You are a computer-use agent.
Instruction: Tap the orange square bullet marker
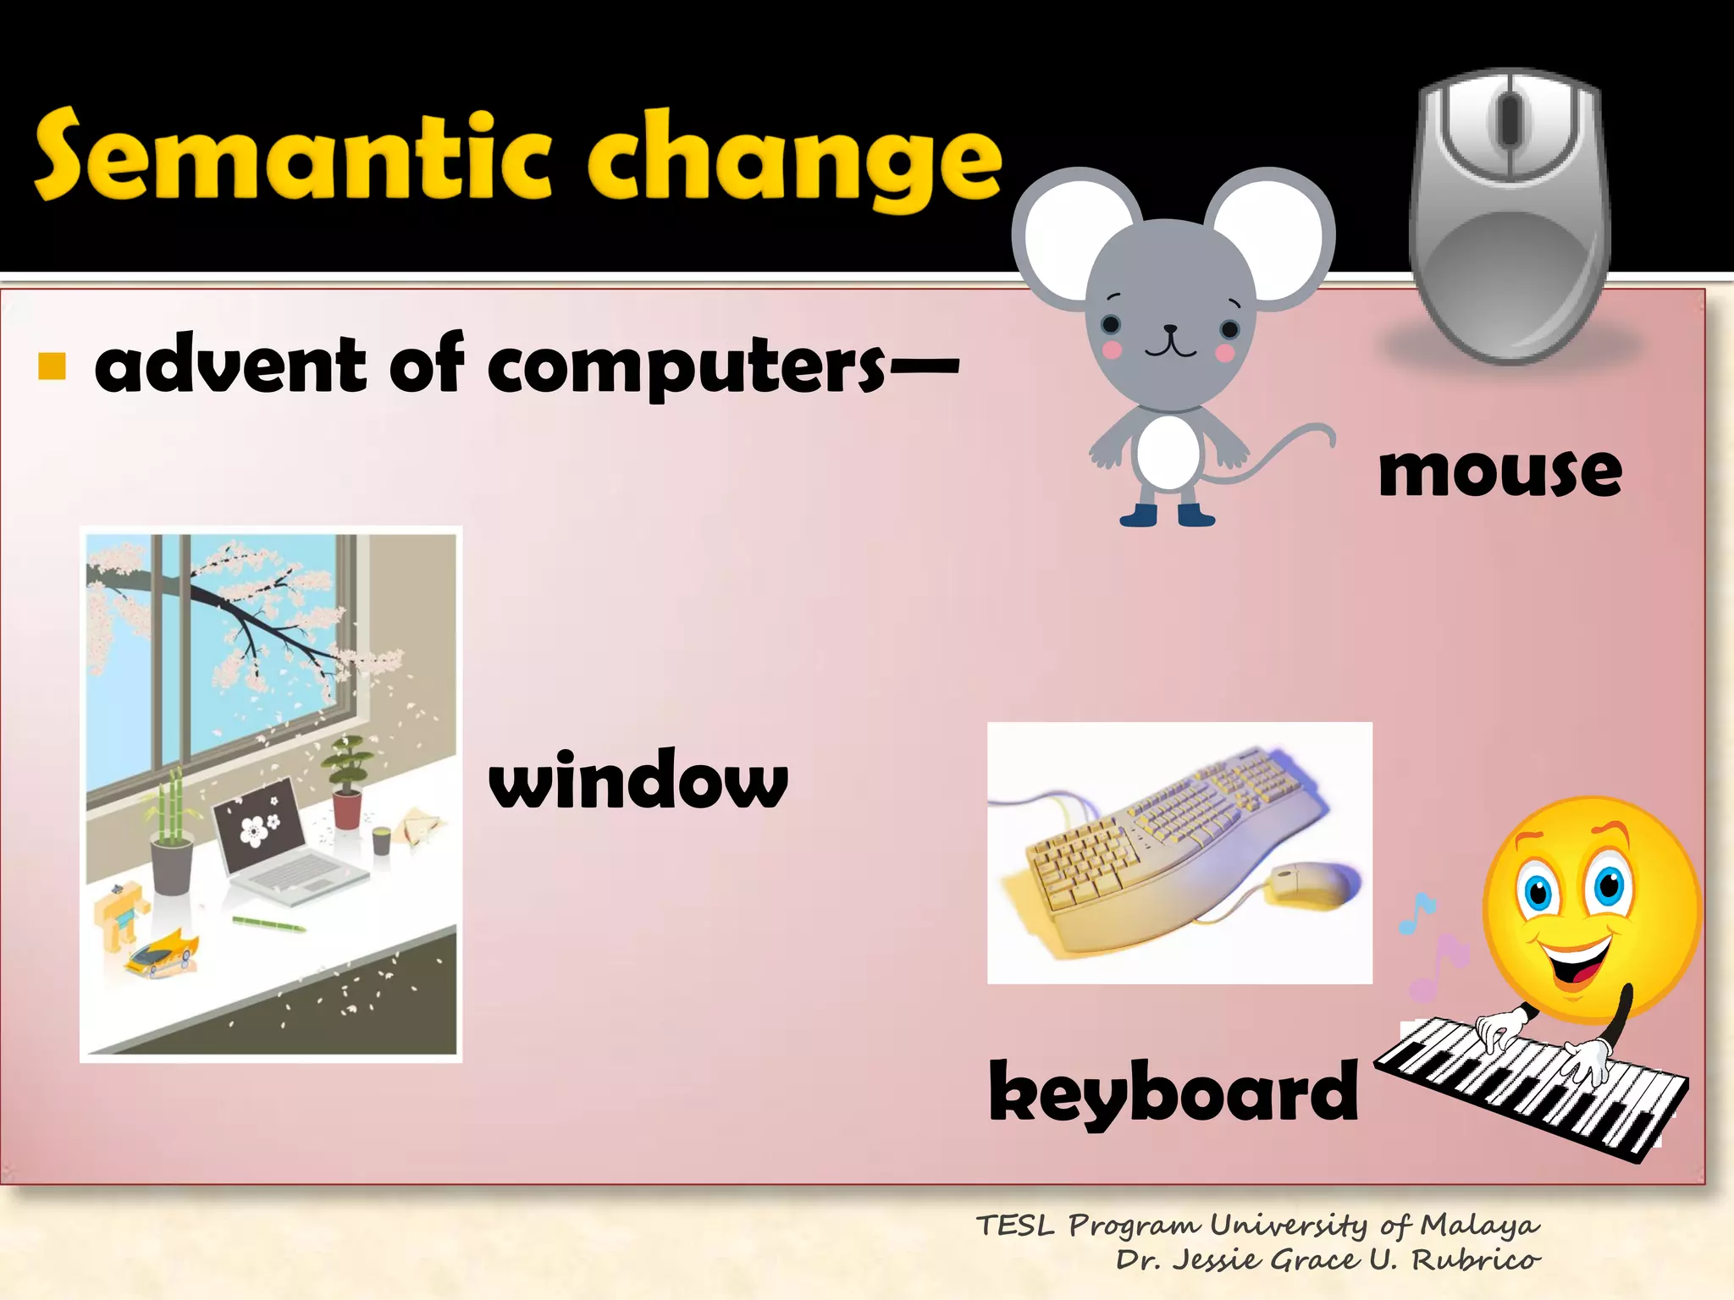tap(52, 366)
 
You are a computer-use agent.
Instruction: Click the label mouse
tap(1499, 471)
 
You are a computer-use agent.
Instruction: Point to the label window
tap(638, 779)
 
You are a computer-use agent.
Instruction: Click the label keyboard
tap(1173, 1092)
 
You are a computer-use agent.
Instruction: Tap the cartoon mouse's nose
tap(1170, 328)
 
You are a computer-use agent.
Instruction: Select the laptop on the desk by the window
tap(279, 838)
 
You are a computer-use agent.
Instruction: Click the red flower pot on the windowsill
tap(346, 808)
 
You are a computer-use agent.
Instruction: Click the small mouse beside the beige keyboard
tap(1308, 884)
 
